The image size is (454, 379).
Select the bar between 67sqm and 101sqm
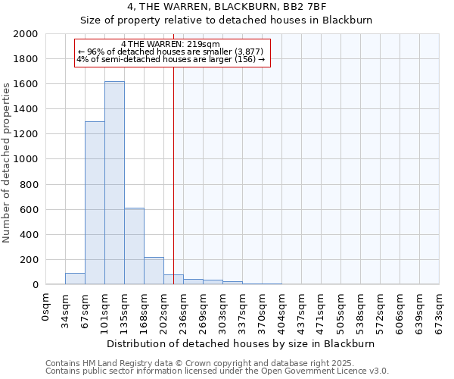pyautogui.click(x=95, y=203)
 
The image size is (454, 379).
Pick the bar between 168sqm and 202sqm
pyautogui.click(x=154, y=271)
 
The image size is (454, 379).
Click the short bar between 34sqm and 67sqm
pyautogui.click(x=75, y=279)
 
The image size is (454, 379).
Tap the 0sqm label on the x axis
pyautogui.click(x=46, y=307)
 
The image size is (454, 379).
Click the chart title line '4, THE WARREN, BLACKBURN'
pyautogui.click(x=226, y=7)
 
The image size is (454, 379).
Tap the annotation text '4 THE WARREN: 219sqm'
pyautogui.click(x=170, y=45)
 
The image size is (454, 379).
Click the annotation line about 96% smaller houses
pyautogui.click(x=170, y=52)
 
